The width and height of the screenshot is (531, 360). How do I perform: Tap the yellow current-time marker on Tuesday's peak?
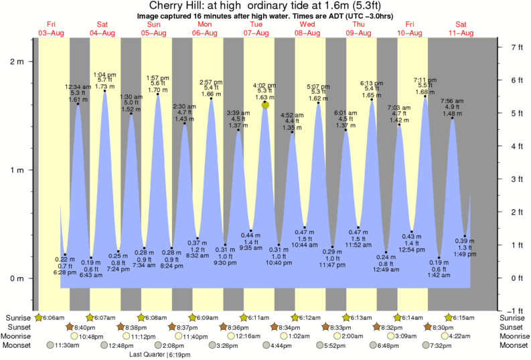click(x=265, y=104)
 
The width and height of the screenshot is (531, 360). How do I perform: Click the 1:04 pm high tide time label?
click(x=104, y=74)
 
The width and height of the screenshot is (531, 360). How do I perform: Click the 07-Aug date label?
click(x=256, y=33)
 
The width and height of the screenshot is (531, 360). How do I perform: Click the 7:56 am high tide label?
click(x=452, y=101)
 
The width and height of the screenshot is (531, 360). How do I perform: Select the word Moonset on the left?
click(x=18, y=345)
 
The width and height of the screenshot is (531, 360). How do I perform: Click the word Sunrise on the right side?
click(x=513, y=317)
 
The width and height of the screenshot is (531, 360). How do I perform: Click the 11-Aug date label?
click(x=461, y=33)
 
